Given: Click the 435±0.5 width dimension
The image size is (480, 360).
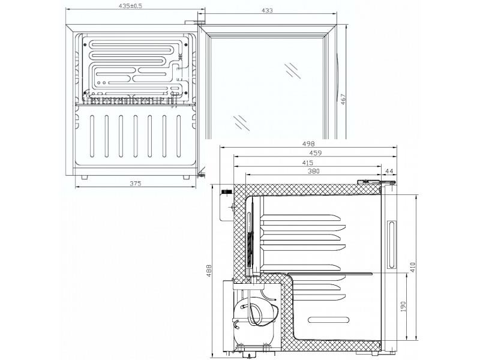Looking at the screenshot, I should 131,5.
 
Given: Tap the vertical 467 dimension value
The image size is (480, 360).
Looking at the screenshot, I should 343,99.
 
